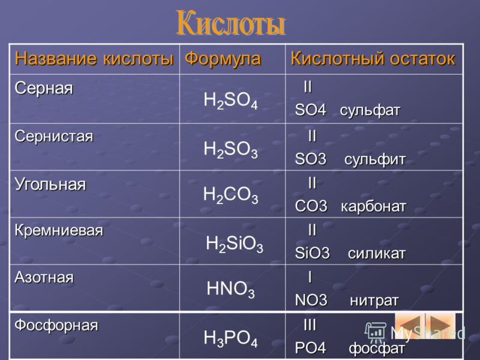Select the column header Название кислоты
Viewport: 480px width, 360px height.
click(x=94, y=59)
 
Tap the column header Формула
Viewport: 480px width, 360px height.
click(x=223, y=59)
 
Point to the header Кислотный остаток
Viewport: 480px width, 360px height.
click(x=373, y=59)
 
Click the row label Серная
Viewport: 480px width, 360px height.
click(x=44, y=88)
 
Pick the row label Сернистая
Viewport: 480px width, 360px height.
click(x=54, y=136)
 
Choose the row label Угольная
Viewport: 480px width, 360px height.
click(x=50, y=184)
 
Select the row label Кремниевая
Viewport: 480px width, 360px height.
click(x=59, y=230)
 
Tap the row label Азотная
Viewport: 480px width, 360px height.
click(x=44, y=277)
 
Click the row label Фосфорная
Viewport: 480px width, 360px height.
click(x=56, y=325)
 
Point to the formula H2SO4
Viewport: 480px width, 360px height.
click(x=231, y=101)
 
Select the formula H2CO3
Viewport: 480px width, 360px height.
click(x=230, y=195)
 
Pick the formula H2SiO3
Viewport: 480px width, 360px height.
click(x=234, y=244)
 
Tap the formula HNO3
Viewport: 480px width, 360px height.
click(x=230, y=290)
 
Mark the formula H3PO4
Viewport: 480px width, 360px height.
click(x=231, y=339)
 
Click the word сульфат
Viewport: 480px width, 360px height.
click(x=370, y=111)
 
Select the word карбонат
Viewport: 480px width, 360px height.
click(x=373, y=206)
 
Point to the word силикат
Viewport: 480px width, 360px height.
click(x=376, y=253)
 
